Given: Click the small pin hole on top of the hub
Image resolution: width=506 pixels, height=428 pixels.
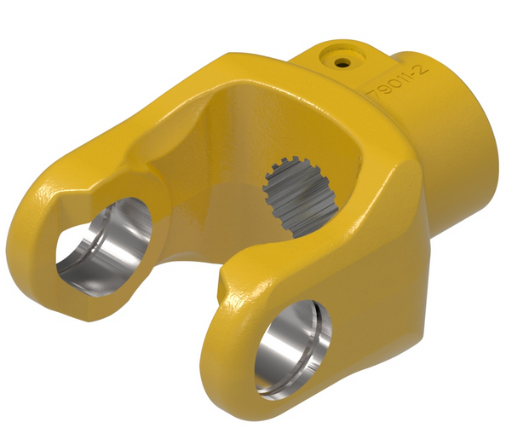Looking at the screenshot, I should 341,61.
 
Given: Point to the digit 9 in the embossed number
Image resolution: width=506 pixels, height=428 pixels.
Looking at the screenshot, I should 382,90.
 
